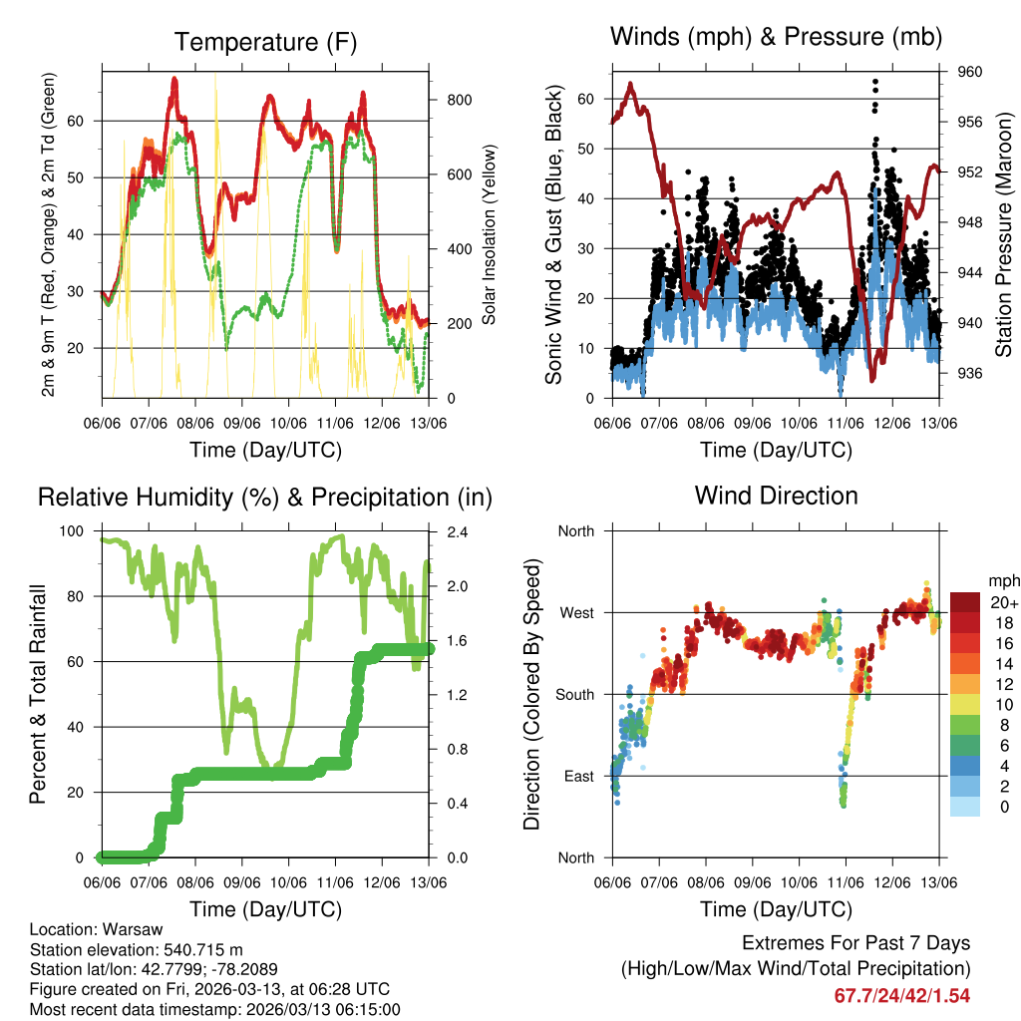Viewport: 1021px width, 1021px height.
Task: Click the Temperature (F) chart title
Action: click(x=265, y=42)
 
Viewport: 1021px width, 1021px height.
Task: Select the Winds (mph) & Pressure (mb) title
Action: click(x=776, y=37)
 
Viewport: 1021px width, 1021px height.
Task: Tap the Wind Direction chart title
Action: click(x=776, y=495)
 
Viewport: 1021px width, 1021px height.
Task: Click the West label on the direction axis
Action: click(x=576, y=612)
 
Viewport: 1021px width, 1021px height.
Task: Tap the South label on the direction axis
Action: click(x=574, y=694)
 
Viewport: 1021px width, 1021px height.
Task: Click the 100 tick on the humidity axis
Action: click(x=76, y=531)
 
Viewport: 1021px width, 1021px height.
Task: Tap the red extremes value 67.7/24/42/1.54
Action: click(x=901, y=995)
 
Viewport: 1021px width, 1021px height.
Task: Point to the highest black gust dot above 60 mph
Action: click(x=875, y=82)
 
